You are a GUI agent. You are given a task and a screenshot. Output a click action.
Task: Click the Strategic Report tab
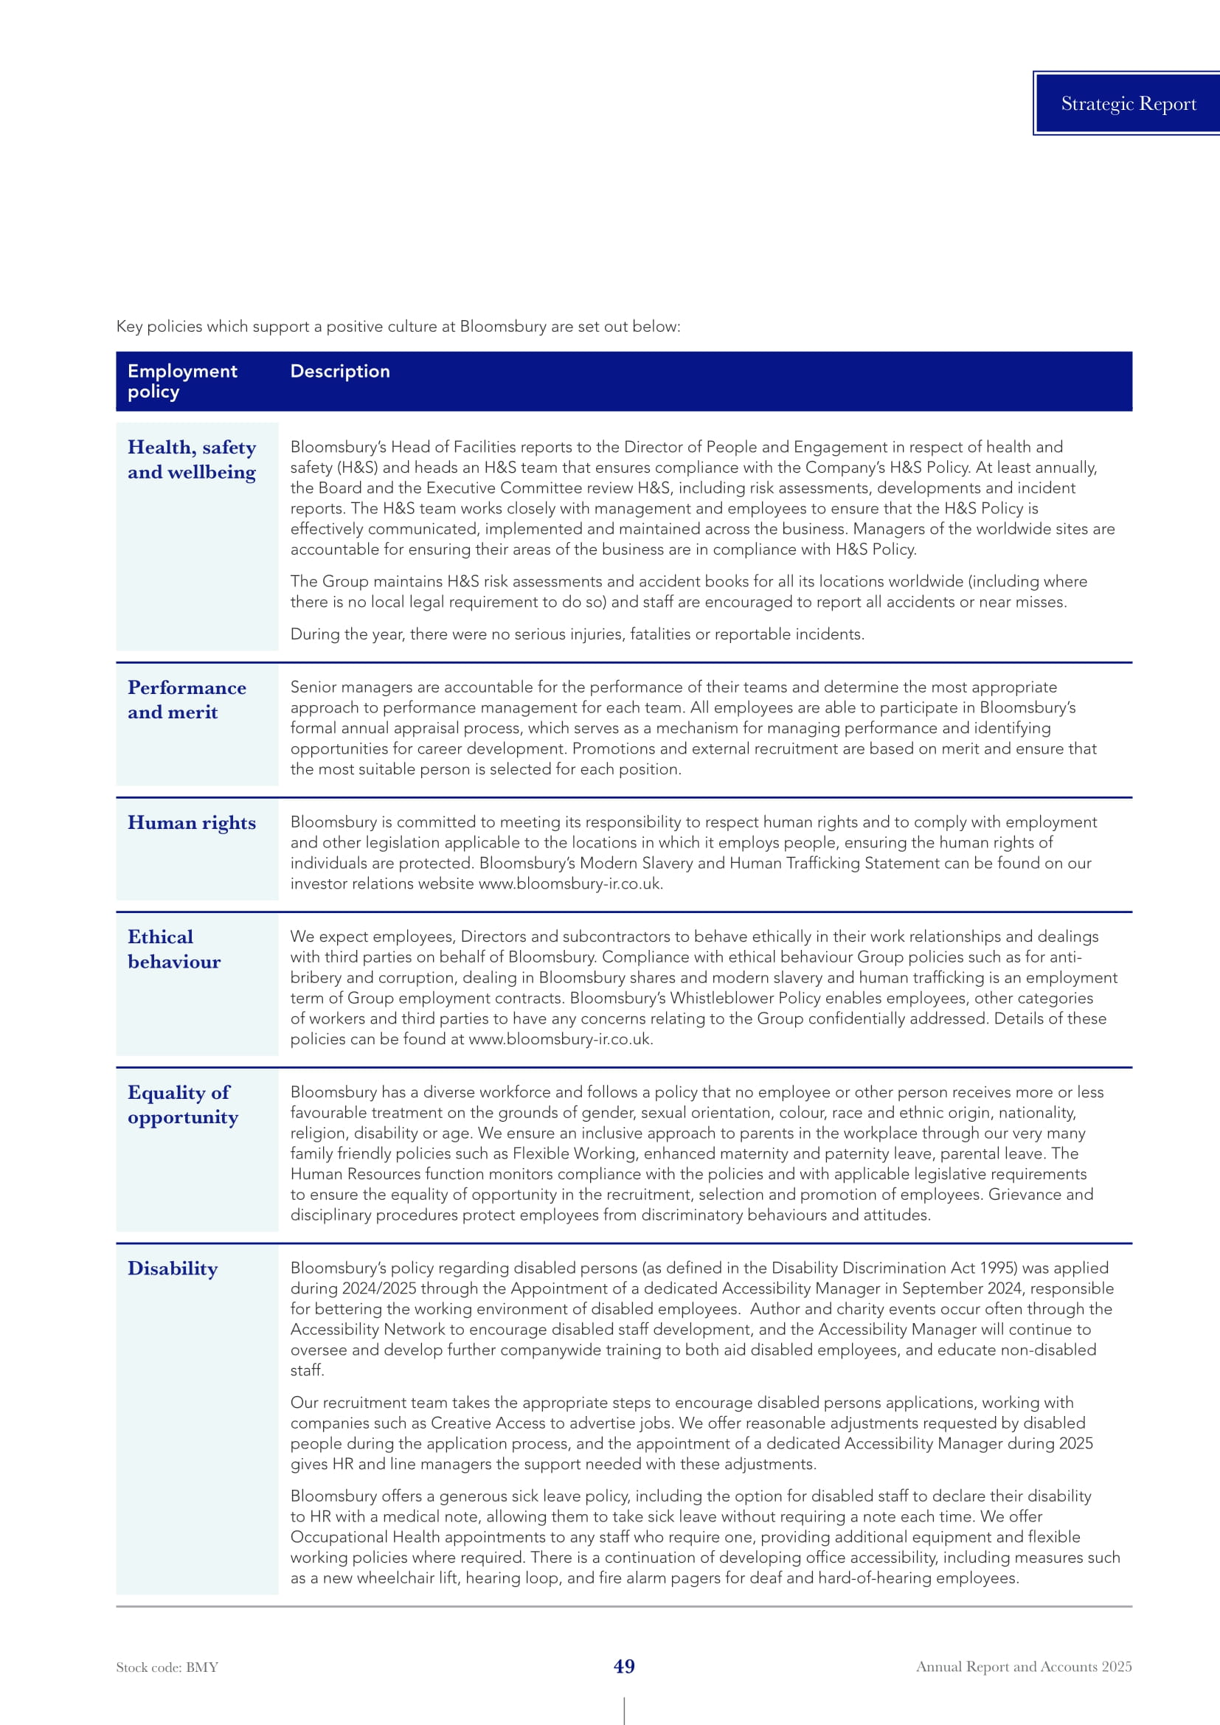pyautogui.click(x=1128, y=104)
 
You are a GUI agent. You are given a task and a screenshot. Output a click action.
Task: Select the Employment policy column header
pyautogui.click(x=181, y=381)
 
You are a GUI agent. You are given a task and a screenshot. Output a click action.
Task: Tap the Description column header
pyautogui.click(x=339, y=371)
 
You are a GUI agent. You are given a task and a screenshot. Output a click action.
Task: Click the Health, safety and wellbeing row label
pyautogui.click(x=192, y=459)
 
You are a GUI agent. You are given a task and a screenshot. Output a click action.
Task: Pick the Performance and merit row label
pyautogui.click(x=187, y=699)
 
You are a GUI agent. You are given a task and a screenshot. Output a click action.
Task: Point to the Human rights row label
pyautogui.click(x=192, y=823)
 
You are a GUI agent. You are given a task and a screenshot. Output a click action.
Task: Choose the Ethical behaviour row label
pyautogui.click(x=173, y=949)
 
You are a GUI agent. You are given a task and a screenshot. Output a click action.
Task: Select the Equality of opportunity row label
pyautogui.click(x=182, y=1105)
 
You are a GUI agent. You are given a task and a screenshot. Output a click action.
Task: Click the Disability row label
pyautogui.click(x=172, y=1268)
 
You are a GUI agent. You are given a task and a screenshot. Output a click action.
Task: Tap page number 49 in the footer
pyautogui.click(x=624, y=1666)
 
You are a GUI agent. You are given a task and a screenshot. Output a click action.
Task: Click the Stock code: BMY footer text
pyautogui.click(x=167, y=1667)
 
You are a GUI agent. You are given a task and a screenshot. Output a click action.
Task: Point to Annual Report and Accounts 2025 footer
pyautogui.click(x=1023, y=1666)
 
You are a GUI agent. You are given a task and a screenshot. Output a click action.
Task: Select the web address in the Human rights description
pyautogui.click(x=569, y=884)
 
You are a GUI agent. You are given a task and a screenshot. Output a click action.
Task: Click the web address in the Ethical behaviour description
pyautogui.click(x=560, y=1039)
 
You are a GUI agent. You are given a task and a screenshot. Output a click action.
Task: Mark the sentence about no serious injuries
pyautogui.click(x=577, y=634)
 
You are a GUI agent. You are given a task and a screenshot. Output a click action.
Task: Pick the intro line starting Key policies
pyautogui.click(x=398, y=327)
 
